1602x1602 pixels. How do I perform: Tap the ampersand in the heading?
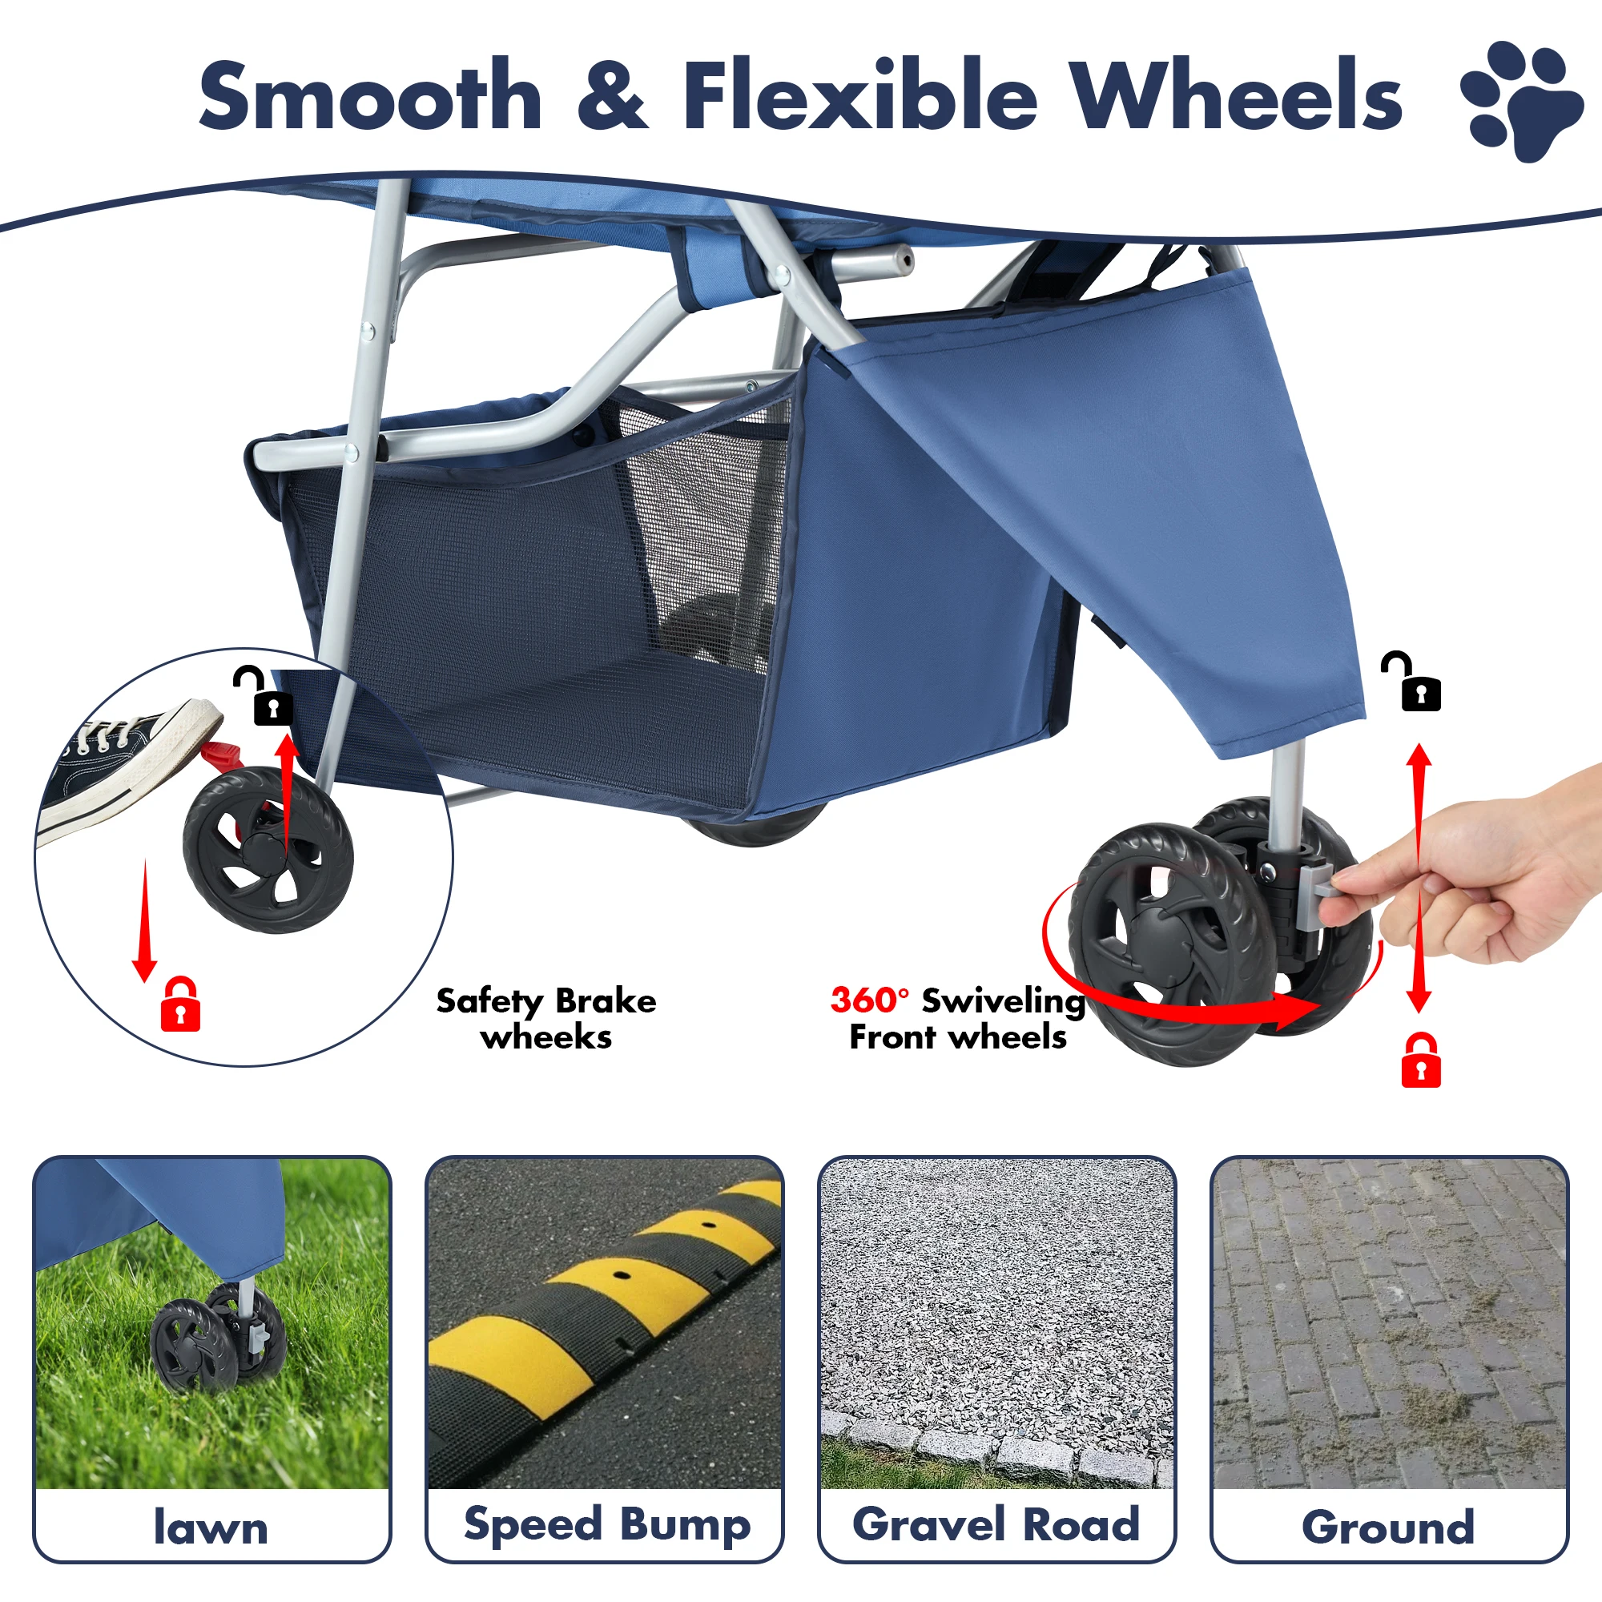[612, 96]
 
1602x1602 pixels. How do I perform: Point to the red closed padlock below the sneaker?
[180, 1004]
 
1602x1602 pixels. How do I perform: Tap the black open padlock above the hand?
[1416, 683]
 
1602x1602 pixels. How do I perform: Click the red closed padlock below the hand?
[1420, 1061]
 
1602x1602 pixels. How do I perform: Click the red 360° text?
[869, 1000]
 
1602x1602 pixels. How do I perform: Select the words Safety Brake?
[545, 1000]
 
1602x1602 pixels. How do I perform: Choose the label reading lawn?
[211, 1527]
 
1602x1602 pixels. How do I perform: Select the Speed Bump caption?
[606, 1524]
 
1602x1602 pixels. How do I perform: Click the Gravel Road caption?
[996, 1524]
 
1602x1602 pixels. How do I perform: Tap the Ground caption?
[1388, 1527]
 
